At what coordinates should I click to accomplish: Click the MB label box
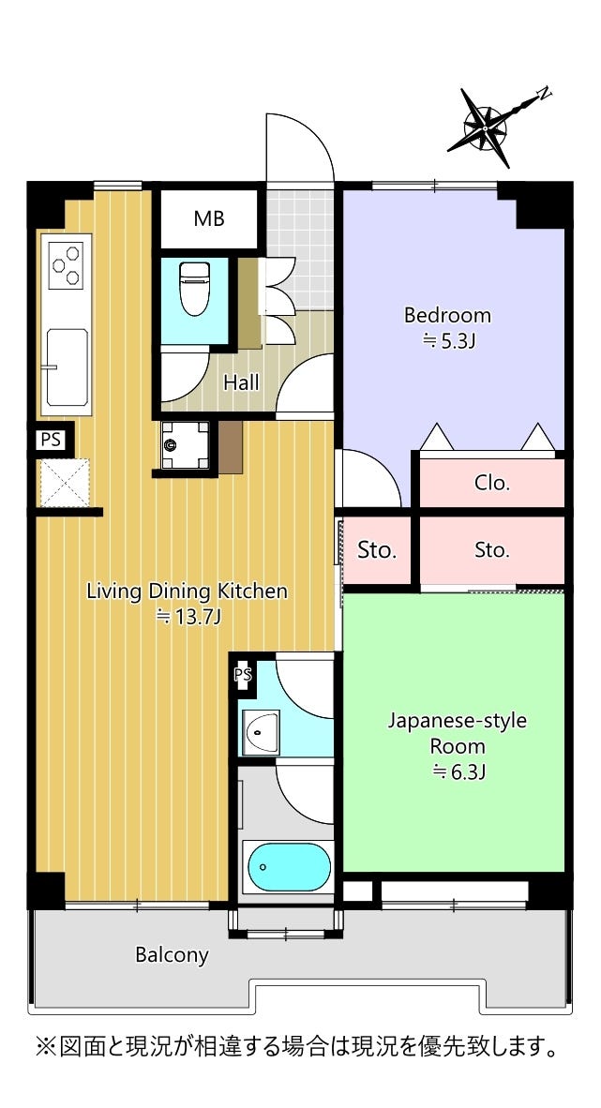click(209, 219)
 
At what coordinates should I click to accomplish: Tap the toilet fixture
click(194, 289)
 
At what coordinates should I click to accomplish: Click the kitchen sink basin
click(68, 367)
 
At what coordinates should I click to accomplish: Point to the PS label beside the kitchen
click(51, 440)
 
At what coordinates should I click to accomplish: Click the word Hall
click(241, 383)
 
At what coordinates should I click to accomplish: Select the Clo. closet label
click(492, 484)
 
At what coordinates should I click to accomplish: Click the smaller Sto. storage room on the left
click(377, 550)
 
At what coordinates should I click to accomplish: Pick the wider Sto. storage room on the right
click(492, 550)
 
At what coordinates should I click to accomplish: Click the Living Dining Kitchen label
click(188, 591)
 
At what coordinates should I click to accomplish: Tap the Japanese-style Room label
click(458, 733)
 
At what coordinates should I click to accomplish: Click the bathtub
click(289, 867)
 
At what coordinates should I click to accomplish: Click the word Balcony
click(172, 955)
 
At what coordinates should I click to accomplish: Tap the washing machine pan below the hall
click(185, 444)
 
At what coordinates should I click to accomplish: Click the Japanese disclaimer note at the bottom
click(297, 1046)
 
